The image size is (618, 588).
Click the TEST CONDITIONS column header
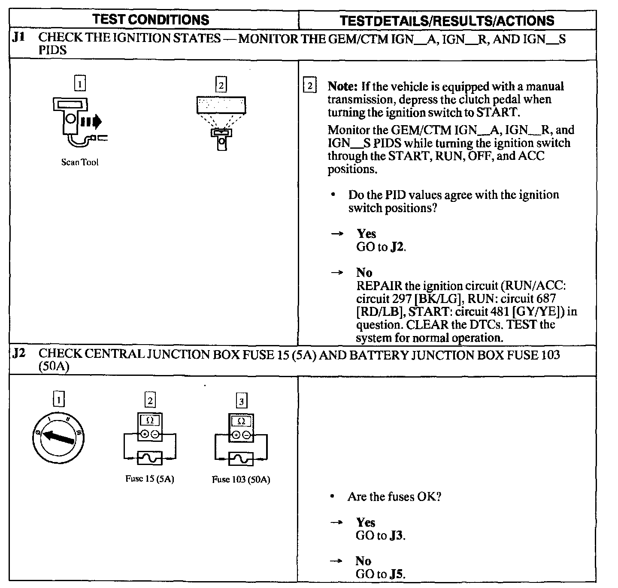[x=151, y=20]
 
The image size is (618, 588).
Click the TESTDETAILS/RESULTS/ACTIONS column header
[x=447, y=21]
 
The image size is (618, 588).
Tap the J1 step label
[x=18, y=38]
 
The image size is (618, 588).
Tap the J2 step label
[x=18, y=354]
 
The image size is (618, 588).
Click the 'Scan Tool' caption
[x=80, y=162]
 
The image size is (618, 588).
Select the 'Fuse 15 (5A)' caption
[x=150, y=479]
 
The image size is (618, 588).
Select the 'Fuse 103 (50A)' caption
[x=241, y=480]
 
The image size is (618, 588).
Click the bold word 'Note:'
[x=342, y=87]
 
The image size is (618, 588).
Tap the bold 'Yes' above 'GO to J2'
[x=366, y=234]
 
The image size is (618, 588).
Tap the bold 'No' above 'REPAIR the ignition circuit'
[x=364, y=273]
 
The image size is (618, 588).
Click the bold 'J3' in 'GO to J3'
[x=397, y=536]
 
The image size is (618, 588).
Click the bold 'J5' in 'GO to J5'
[x=397, y=574]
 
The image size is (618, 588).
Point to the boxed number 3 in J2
[x=242, y=401]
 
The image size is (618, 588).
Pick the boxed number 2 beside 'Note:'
[x=309, y=86]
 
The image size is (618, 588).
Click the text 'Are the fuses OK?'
[x=394, y=497]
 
